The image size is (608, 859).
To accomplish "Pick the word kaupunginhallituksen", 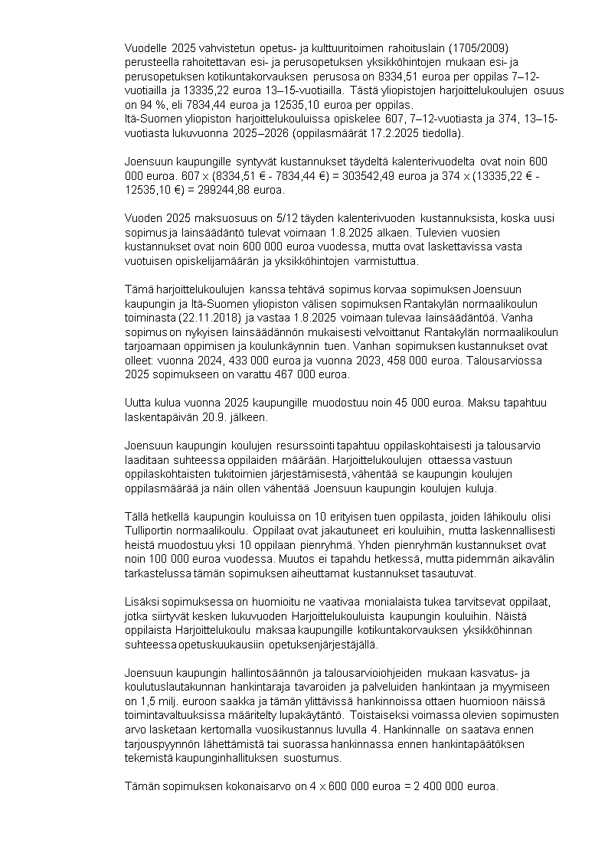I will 227,758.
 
